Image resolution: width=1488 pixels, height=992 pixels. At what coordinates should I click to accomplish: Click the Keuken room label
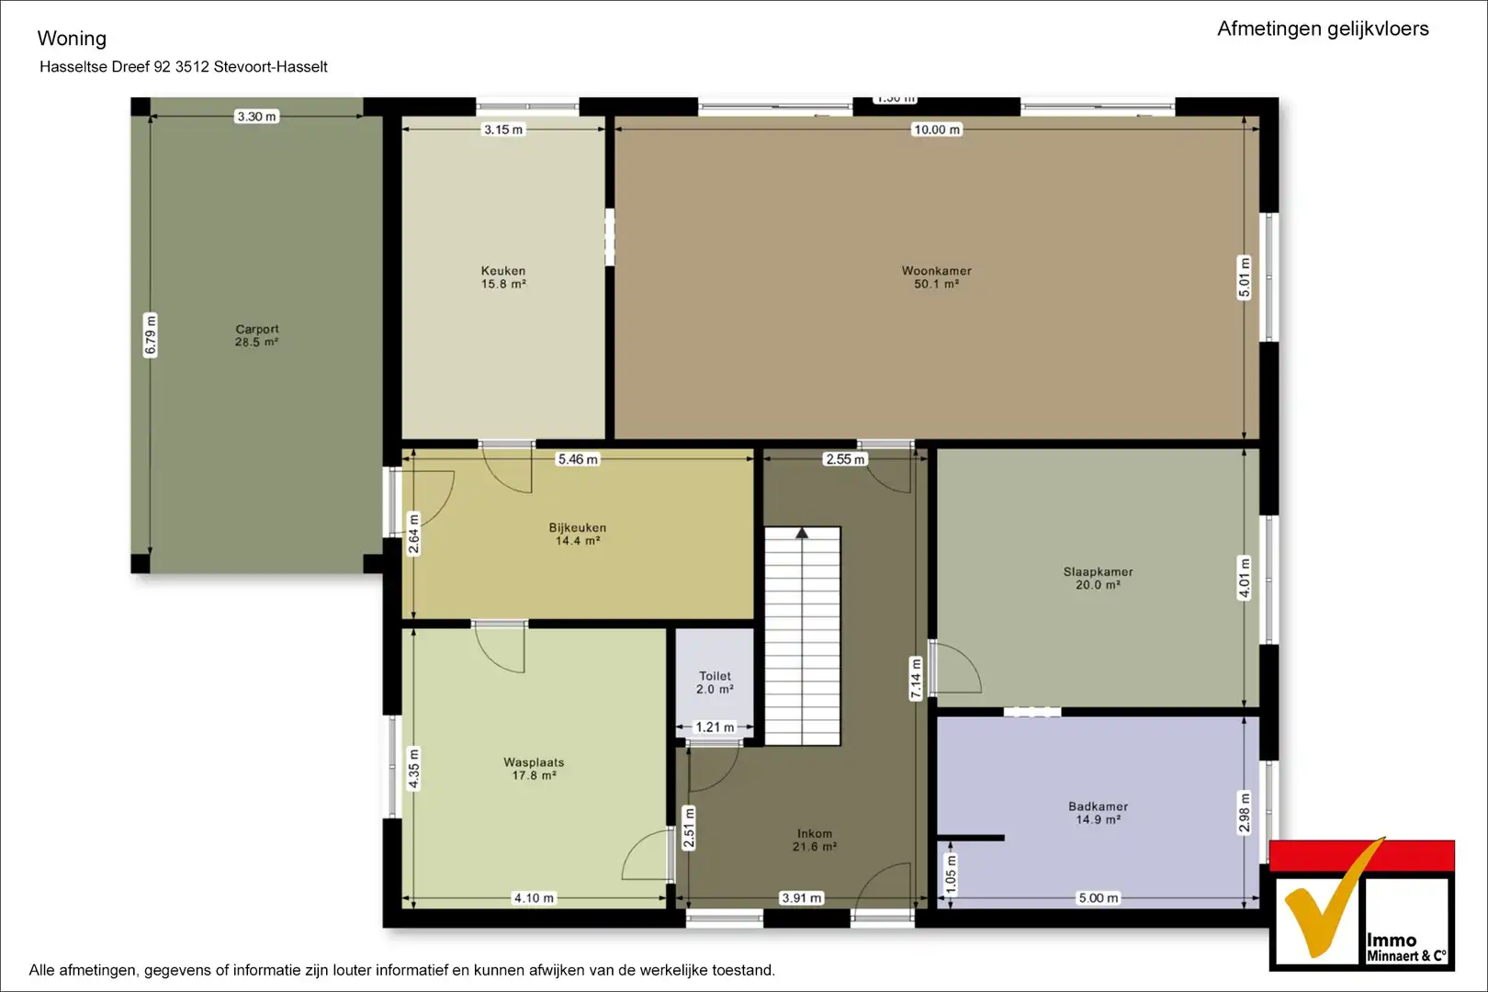[x=503, y=277]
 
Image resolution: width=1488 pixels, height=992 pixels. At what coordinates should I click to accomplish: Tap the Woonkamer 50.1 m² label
[x=936, y=277]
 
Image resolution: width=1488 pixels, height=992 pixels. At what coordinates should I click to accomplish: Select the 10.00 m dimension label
[x=936, y=130]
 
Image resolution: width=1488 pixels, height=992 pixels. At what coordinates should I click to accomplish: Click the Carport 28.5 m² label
[x=257, y=335]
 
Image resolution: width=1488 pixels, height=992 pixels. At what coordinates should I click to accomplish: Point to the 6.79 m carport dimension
[x=152, y=335]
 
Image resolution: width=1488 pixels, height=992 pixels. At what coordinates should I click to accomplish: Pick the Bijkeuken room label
[x=577, y=534]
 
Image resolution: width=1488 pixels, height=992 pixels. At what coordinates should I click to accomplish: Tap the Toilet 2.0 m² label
[x=715, y=682]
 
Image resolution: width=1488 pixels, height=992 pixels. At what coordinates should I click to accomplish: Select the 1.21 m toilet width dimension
[x=715, y=727]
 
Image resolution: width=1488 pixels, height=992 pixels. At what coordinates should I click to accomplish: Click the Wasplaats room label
[x=534, y=769]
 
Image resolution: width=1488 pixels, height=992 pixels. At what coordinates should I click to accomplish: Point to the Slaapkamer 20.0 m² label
[x=1098, y=578]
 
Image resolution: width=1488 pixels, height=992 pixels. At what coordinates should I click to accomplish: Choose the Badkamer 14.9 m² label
[x=1098, y=813]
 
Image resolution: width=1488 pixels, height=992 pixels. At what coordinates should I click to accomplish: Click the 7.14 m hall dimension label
[x=916, y=679]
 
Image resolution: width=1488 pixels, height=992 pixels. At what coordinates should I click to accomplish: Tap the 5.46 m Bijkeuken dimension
[x=577, y=459]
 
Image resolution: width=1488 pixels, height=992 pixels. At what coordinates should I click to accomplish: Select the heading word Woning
[x=72, y=39]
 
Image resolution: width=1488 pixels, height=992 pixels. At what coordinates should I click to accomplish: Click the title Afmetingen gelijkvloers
[x=1323, y=28]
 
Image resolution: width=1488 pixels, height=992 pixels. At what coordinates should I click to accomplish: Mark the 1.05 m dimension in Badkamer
[x=952, y=874]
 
